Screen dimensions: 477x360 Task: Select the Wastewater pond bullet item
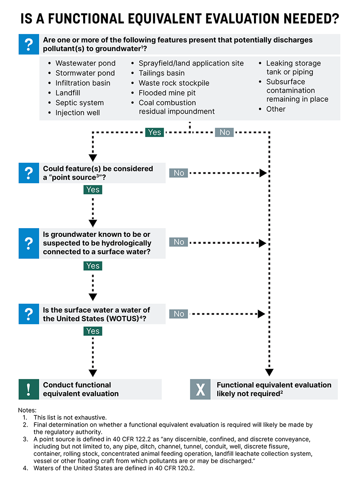click(85, 63)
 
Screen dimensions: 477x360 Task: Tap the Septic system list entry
click(79, 103)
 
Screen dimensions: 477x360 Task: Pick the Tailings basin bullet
click(162, 73)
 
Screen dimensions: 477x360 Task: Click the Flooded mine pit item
click(167, 93)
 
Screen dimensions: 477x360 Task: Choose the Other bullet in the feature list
click(276, 109)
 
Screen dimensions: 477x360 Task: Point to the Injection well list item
click(77, 113)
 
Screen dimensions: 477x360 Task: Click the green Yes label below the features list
click(154, 132)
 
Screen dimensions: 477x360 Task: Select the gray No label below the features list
click(225, 132)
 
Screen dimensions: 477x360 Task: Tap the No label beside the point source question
click(178, 173)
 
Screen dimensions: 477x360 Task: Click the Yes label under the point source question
click(93, 189)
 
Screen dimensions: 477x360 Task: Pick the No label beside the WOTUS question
click(178, 314)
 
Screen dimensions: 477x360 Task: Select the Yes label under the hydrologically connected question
click(93, 266)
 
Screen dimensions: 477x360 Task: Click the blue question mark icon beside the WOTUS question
click(29, 314)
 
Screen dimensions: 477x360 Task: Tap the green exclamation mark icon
click(29, 389)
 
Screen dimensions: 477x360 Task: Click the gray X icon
click(200, 389)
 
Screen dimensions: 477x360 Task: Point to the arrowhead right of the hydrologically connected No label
click(262, 243)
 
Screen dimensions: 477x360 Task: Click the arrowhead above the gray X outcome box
click(270, 373)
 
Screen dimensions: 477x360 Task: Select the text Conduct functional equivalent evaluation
click(81, 389)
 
